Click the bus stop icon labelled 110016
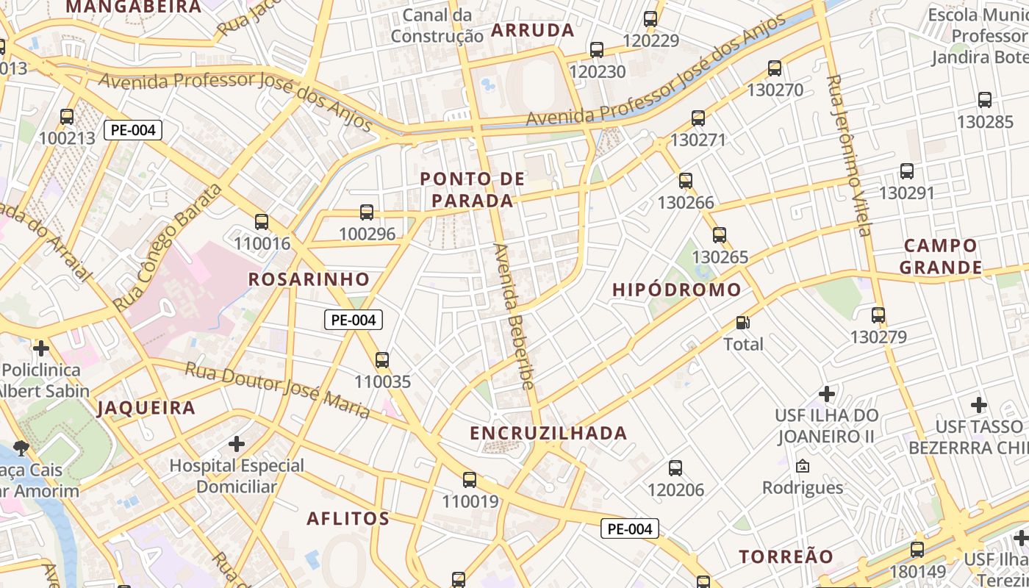click(x=261, y=221)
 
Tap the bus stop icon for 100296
click(x=367, y=212)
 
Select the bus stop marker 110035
click(x=381, y=360)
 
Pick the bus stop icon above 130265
click(x=720, y=235)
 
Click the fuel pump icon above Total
click(x=743, y=323)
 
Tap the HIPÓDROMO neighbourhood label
click(x=677, y=290)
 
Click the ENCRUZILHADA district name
click(x=549, y=433)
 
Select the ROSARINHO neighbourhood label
click(x=309, y=279)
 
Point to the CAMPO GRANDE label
click(x=941, y=256)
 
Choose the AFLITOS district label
click(x=348, y=518)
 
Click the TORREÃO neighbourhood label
click(x=786, y=556)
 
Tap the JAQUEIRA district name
click(x=147, y=408)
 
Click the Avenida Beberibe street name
click(x=514, y=316)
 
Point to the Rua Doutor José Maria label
click(x=278, y=390)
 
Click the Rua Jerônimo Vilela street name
click(x=848, y=155)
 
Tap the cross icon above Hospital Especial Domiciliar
click(x=237, y=444)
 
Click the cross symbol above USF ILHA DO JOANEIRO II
click(x=827, y=393)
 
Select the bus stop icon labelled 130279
click(x=878, y=315)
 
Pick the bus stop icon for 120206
click(x=675, y=467)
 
